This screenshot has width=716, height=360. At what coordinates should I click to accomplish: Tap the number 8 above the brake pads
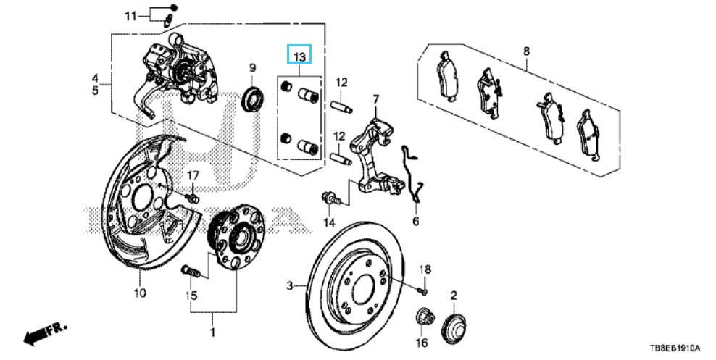coord(527,51)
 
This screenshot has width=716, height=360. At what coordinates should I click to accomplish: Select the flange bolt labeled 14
coord(328,197)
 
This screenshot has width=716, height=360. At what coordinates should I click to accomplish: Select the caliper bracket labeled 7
coord(372,156)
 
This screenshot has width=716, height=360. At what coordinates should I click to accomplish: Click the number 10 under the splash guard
coord(139,293)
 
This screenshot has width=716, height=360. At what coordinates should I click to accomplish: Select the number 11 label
coord(130,15)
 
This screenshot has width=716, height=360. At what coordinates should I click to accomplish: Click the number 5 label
coord(95,91)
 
